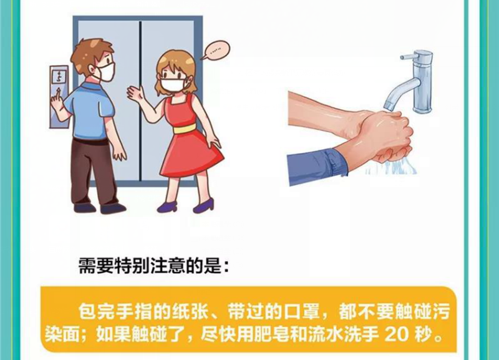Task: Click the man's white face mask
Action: click(x=106, y=71)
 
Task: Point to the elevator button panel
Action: click(x=59, y=97)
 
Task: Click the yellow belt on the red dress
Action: click(x=183, y=130)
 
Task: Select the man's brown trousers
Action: click(x=92, y=171)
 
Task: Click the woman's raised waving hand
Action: click(x=136, y=93)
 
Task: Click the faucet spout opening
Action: click(x=389, y=107)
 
